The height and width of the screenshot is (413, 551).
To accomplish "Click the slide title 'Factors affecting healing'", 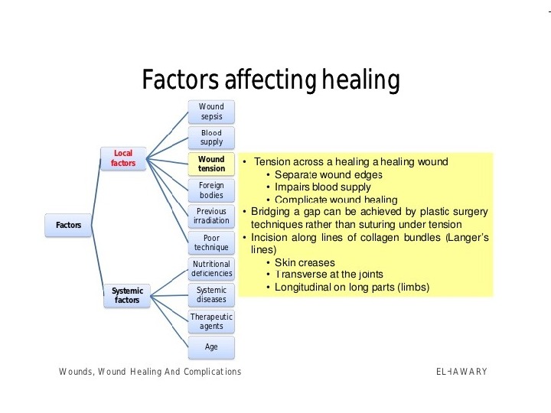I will (271, 80).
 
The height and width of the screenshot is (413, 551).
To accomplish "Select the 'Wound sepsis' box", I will (211, 112).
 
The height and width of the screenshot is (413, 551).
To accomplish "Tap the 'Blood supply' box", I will (211, 138).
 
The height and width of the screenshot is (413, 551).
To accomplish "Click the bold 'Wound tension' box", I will (211, 164).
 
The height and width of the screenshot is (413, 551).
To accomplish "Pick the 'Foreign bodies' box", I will (211, 190).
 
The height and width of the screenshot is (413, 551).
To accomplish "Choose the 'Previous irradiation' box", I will (211, 216).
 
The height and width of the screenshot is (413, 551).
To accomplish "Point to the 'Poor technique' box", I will (211, 242).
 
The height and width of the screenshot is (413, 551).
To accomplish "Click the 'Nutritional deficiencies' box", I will (211, 269).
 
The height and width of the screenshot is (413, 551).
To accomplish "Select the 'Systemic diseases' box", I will (211, 295).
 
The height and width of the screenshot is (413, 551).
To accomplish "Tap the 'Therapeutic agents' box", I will (211, 321).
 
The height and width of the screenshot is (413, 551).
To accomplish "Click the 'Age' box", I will (211, 346).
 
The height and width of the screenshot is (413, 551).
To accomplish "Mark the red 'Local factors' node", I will (123, 158).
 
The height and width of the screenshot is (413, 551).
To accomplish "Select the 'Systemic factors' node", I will (127, 295).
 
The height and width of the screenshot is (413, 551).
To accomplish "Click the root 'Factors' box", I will (69, 226).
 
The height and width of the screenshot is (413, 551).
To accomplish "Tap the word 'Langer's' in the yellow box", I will (469, 238).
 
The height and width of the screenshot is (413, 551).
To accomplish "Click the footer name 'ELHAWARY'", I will (461, 372).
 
